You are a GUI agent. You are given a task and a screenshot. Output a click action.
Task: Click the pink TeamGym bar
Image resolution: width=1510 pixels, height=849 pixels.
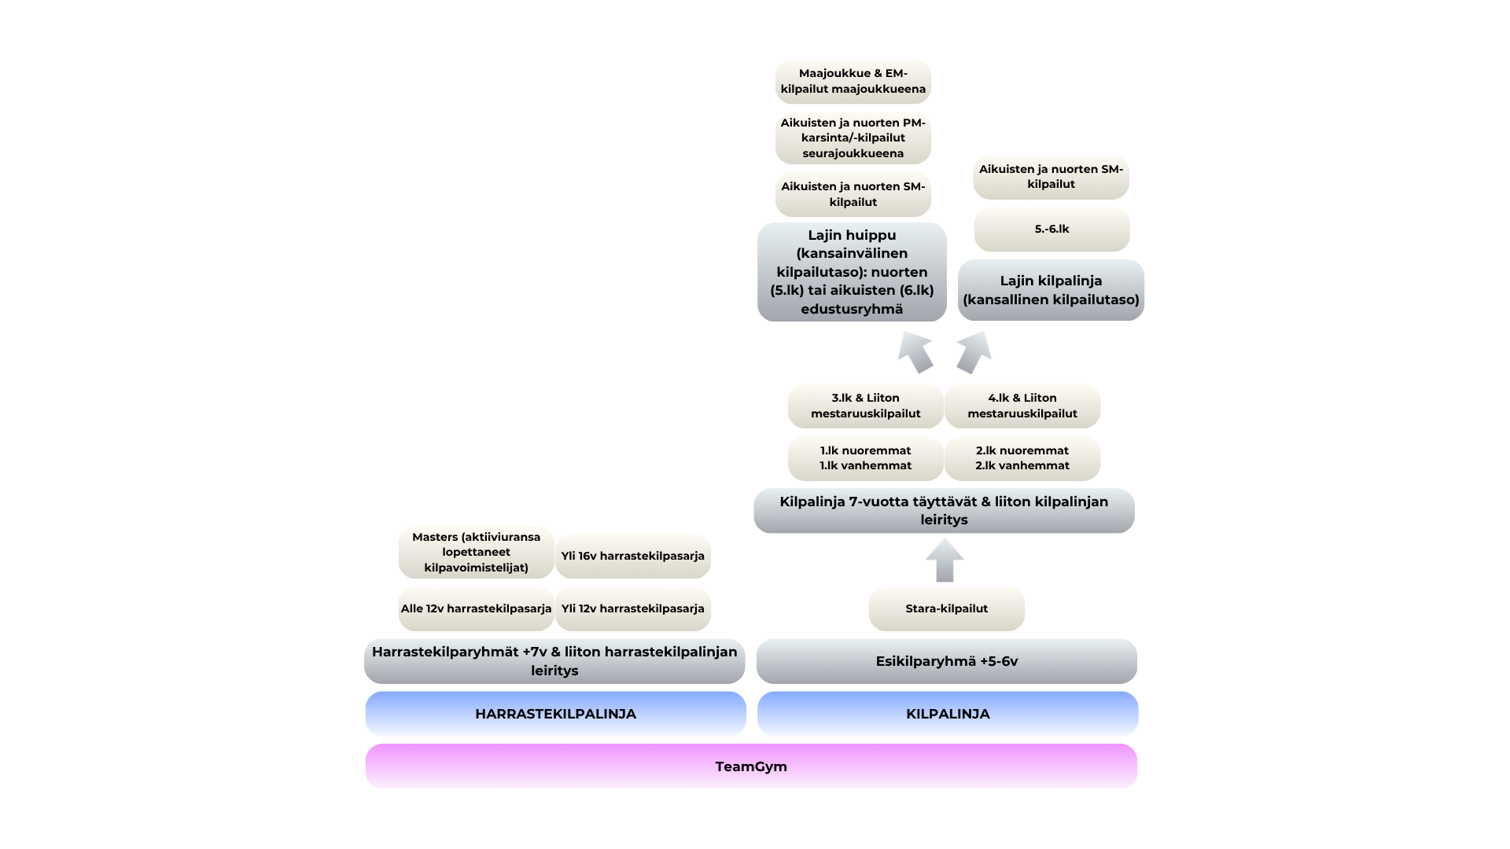pos(751,766)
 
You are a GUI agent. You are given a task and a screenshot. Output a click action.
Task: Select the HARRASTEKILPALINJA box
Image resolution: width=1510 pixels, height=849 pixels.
pos(555,714)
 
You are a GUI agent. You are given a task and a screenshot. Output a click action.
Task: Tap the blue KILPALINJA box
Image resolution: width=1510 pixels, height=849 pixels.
pos(948,714)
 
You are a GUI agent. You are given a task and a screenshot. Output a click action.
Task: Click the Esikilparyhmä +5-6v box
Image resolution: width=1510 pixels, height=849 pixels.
pos(947,661)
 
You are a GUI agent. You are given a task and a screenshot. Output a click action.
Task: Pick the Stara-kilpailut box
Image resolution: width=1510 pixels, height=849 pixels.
pos(947,608)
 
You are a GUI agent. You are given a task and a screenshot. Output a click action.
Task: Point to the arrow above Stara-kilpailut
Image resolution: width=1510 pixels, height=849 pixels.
pos(945,560)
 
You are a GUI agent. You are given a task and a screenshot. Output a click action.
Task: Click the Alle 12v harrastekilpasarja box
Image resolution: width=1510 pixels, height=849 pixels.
pos(477,608)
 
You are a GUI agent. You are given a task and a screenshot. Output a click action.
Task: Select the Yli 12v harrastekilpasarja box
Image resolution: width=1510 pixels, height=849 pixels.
pos(633,608)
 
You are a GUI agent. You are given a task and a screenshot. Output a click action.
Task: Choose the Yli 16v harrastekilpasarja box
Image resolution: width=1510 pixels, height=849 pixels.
pos(633,556)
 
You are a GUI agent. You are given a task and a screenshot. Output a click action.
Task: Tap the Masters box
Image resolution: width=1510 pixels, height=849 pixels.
pos(477,552)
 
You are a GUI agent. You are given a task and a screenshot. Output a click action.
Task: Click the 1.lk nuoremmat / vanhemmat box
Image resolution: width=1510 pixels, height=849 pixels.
pos(866,458)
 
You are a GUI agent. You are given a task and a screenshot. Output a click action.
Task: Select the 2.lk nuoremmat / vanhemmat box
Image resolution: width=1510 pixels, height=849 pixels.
pos(1022,458)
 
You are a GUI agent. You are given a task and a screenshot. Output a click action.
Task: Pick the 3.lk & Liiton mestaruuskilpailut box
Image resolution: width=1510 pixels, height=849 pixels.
pos(866,406)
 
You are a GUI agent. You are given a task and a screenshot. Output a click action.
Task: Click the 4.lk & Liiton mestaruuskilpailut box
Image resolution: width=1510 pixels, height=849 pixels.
pos(1022,406)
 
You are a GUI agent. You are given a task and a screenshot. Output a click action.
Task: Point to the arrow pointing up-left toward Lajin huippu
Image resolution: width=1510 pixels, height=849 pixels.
pos(916,352)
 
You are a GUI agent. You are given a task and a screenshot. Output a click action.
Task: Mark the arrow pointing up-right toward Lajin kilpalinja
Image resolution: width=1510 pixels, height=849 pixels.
pos(974,352)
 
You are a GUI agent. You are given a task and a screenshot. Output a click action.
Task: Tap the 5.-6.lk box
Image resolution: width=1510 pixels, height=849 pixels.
pos(1052,230)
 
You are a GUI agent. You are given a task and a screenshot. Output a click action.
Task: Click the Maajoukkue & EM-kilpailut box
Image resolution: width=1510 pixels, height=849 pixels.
pos(853,81)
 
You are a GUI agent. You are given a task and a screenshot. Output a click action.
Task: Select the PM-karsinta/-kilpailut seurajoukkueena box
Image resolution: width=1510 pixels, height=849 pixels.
pos(853,138)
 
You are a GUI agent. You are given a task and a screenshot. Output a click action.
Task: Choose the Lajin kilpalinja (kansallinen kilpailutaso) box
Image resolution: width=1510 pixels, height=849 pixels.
pos(1051,290)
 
